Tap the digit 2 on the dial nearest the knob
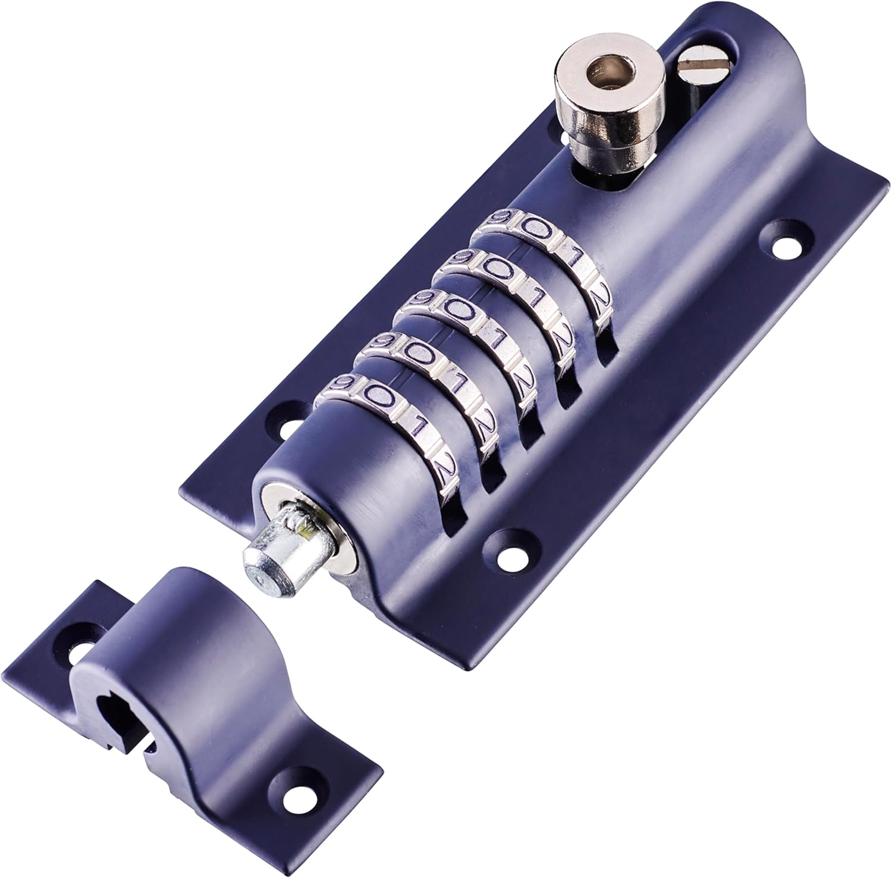coord(601,295)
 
